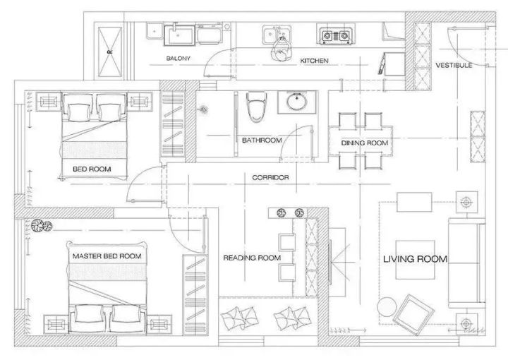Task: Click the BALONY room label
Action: point(179,59)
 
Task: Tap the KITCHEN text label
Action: point(314,61)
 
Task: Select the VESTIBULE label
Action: point(454,65)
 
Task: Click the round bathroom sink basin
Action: point(297,102)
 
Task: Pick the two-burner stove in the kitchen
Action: point(336,35)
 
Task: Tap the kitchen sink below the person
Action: point(277,34)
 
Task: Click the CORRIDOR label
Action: point(270,178)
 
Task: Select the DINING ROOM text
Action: point(365,143)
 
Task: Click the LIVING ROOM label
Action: point(415,259)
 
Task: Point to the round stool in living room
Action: point(387,307)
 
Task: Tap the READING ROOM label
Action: point(252,258)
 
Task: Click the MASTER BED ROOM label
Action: point(107,256)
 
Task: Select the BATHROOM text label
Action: point(262,140)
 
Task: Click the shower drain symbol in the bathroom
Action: point(203,109)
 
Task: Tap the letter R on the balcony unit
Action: point(110,52)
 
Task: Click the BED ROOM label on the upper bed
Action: point(92,169)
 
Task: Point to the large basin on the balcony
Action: point(180,35)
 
